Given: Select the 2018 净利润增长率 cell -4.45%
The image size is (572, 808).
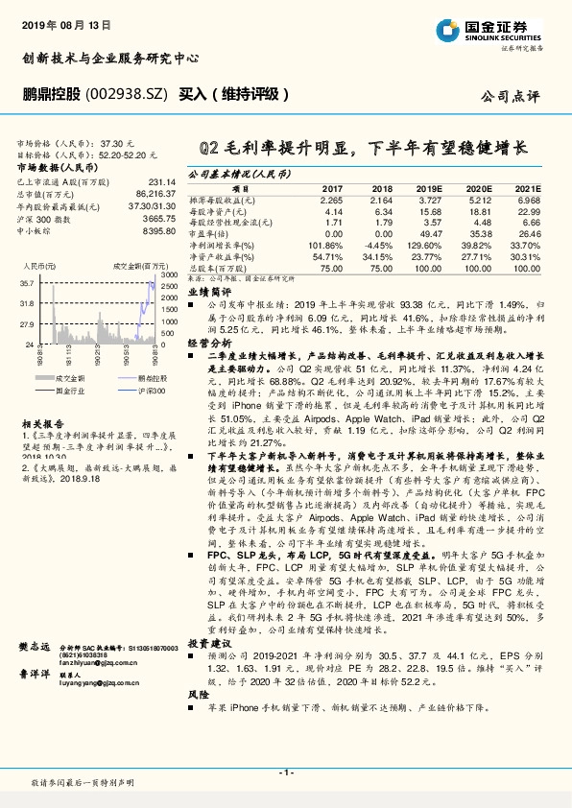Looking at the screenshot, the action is point(374,245).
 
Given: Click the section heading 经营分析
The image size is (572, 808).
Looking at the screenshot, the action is point(209,342).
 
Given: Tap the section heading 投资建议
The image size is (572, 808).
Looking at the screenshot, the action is point(209,642).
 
